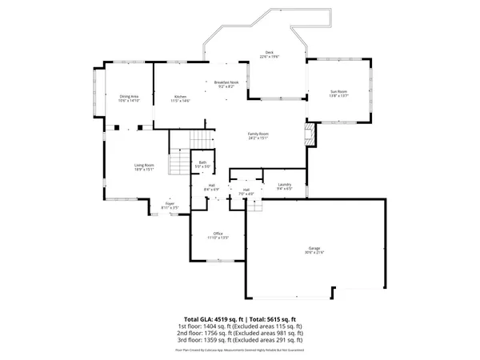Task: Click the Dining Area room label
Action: tap(129, 96)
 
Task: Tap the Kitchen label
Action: tap(180, 96)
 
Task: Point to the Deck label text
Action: tap(270, 53)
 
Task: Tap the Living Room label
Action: tap(144, 165)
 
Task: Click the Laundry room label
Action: tap(284, 184)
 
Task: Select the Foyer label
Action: tap(170, 203)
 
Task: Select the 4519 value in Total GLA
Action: tap(223, 318)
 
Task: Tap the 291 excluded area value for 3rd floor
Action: tap(285, 341)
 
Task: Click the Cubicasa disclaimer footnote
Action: tap(239, 350)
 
